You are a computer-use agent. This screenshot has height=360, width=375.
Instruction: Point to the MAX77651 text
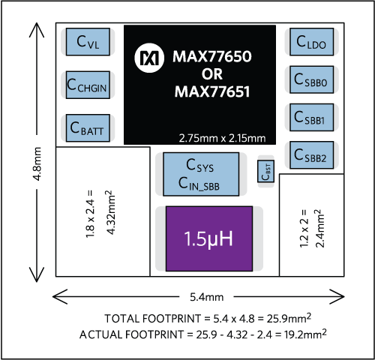click(x=212, y=93)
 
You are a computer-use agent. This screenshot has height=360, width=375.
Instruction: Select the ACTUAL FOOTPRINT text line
click(x=202, y=334)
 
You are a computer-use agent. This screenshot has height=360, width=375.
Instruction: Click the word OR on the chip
click(x=212, y=74)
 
